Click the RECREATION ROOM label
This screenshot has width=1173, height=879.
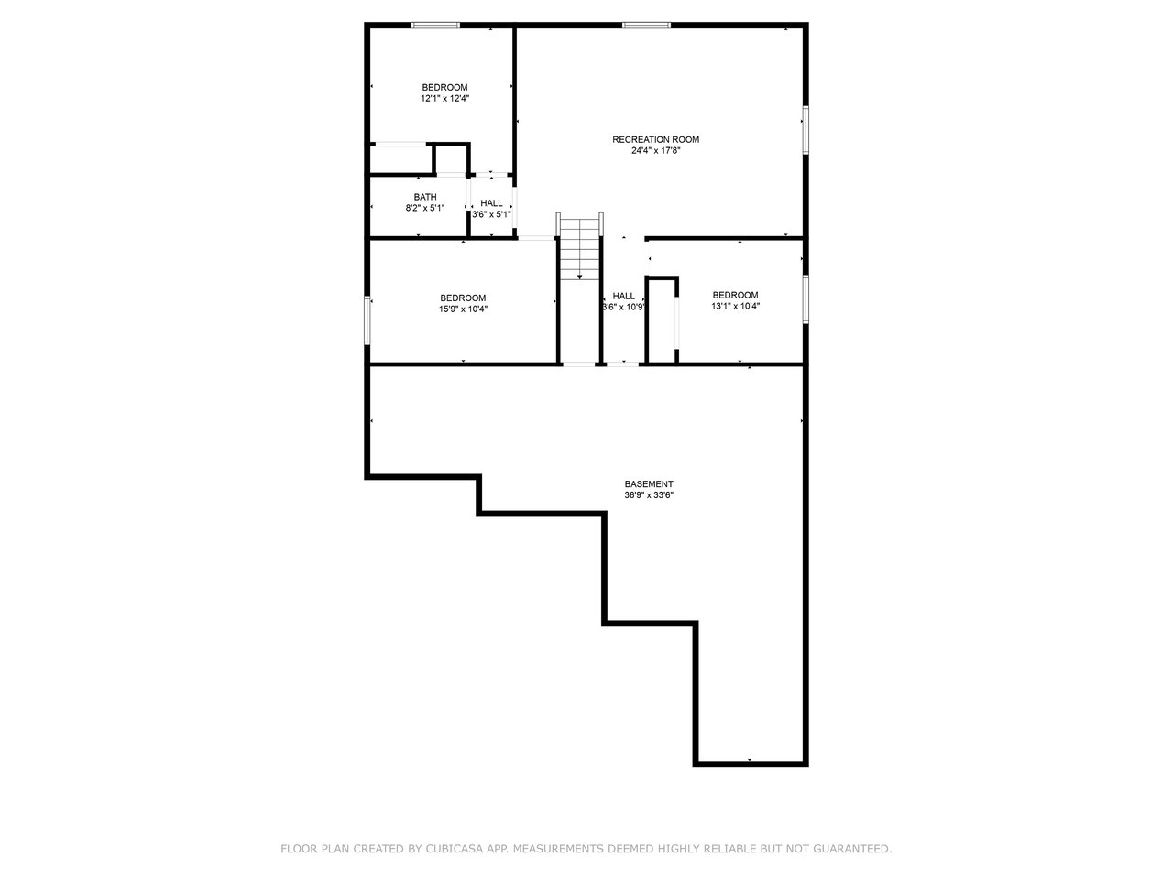click(655, 139)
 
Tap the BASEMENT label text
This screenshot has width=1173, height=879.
click(648, 484)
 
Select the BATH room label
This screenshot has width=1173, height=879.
click(425, 197)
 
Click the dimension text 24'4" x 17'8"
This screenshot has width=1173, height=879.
click(655, 150)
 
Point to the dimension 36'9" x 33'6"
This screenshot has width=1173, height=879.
click(648, 495)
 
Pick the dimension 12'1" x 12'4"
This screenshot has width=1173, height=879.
click(444, 98)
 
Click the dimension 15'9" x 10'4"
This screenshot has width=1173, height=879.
click(463, 309)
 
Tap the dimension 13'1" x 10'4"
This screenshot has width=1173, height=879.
click(735, 307)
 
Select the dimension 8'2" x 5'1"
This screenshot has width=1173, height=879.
click(425, 208)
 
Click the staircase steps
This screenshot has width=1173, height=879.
click(579, 249)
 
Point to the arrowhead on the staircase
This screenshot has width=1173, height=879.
click(579, 277)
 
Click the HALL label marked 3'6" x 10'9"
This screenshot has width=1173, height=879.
click(624, 296)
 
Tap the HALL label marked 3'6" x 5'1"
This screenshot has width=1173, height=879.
click(491, 203)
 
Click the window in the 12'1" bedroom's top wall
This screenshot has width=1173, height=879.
click(435, 25)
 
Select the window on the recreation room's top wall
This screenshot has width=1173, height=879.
click(646, 25)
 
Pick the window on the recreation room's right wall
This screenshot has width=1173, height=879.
click(806, 130)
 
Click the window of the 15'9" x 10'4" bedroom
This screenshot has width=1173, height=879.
click(367, 320)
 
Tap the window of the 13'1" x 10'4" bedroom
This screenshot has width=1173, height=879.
click(806, 298)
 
